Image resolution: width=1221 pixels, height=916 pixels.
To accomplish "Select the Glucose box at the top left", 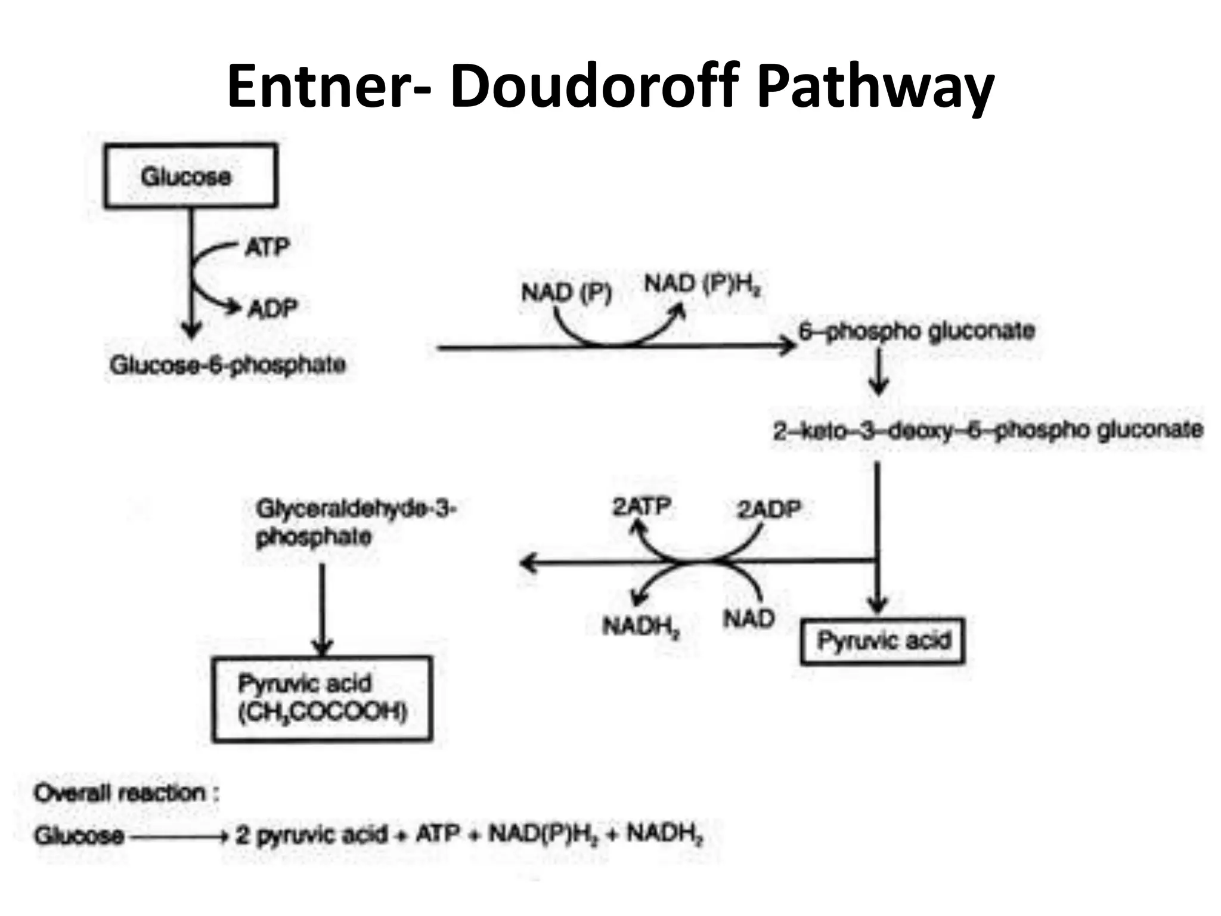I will tap(191, 176).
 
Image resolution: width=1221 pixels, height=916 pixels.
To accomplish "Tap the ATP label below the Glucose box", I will tap(267, 246).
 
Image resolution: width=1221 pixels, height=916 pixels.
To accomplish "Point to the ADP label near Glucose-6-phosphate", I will tap(272, 308).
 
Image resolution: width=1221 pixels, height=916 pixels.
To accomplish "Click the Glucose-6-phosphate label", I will tap(228, 364).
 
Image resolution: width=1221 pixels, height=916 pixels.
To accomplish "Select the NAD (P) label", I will tap(566, 293).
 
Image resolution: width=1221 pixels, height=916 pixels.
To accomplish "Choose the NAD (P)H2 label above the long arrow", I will tap(703, 285).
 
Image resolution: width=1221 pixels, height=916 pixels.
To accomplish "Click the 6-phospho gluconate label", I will tap(917, 331).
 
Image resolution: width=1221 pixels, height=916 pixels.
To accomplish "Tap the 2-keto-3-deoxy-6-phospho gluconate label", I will tap(988, 430).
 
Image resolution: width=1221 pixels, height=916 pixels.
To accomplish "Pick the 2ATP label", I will tap(642, 507).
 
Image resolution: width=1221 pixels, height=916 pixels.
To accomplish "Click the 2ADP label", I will tap(769, 509).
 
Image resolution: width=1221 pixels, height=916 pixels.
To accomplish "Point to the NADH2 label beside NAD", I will tap(641, 626).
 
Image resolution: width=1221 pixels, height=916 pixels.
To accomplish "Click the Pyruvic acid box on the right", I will tap(883, 641).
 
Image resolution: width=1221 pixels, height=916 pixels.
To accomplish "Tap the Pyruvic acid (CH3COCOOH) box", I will tap(322, 698).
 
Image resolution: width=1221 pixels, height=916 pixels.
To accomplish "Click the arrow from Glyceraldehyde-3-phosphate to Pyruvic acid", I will tap(322, 608).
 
